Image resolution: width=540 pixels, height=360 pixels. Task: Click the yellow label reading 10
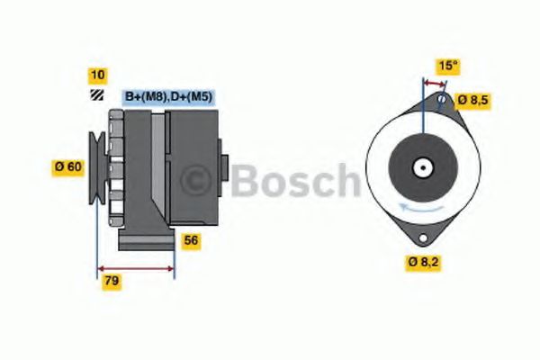click(x=96, y=75)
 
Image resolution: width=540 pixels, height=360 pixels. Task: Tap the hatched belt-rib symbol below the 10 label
click(x=96, y=95)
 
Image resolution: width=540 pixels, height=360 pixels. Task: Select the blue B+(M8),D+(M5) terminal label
click(x=167, y=96)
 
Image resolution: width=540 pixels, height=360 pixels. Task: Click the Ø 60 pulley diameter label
click(x=69, y=166)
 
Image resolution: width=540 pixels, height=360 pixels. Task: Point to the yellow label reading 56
click(x=191, y=240)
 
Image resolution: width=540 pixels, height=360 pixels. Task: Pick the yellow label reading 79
click(x=111, y=281)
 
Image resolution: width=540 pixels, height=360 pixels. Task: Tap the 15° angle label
click(x=447, y=66)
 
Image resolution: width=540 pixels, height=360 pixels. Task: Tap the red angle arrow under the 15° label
click(x=434, y=83)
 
